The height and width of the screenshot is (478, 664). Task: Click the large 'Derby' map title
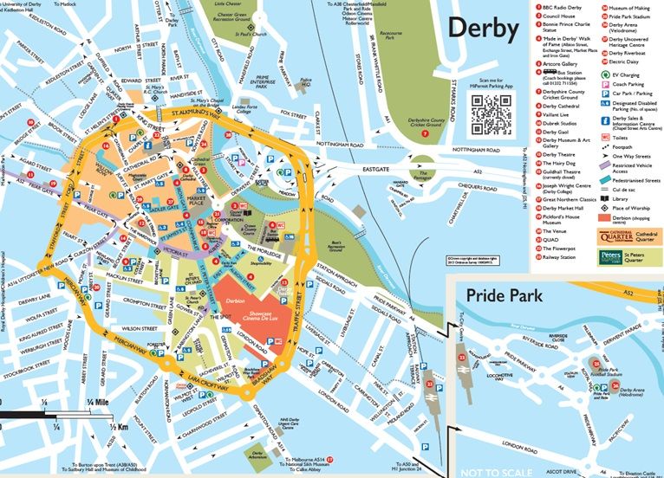pyautogui.click(x=483, y=29)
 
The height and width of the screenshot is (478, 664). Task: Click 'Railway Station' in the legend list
pyautogui.click(x=563, y=257)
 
